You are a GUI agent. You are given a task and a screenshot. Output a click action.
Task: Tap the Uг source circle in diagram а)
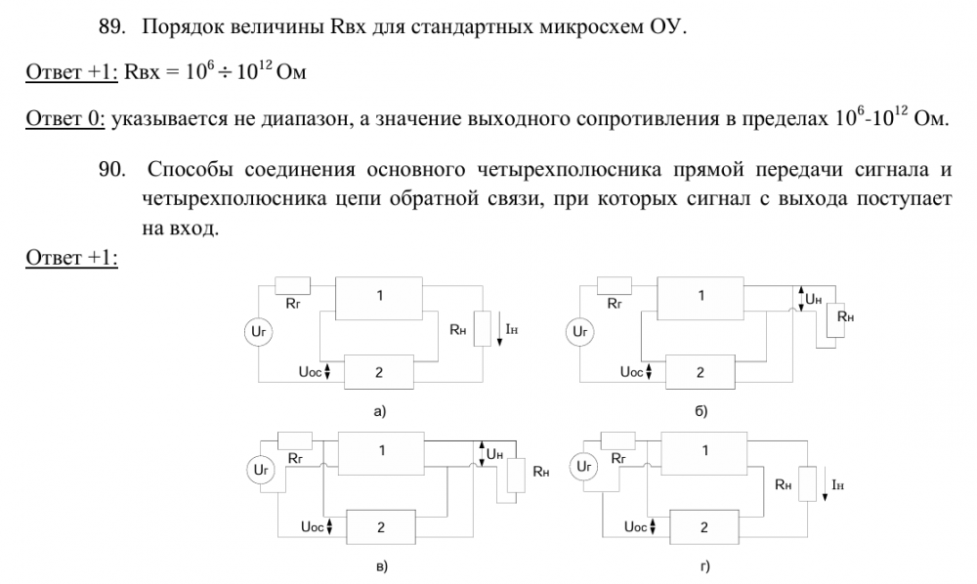pos(259,333)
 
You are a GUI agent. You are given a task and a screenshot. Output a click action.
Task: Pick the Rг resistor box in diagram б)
pos(616,285)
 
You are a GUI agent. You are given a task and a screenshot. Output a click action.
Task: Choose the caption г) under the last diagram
pos(701,565)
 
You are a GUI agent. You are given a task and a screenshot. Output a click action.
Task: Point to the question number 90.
pos(115,172)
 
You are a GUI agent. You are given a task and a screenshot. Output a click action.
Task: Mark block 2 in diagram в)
pos(381,526)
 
